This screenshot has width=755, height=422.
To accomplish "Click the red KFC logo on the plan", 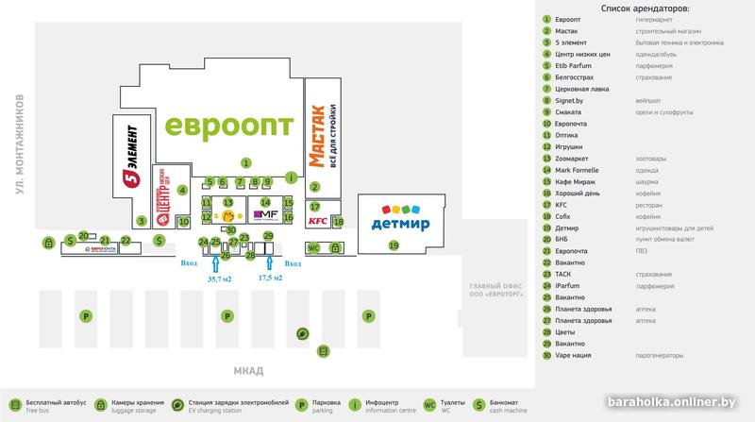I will tap(316, 222).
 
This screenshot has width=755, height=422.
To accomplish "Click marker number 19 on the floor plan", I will tap(394, 245).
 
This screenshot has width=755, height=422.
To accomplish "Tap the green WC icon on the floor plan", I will tap(315, 247).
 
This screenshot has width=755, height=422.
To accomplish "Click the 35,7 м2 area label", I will tap(219, 279).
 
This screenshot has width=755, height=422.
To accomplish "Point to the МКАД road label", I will tap(251, 369).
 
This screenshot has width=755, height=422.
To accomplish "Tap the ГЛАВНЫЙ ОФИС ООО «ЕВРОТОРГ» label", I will tap(502, 290).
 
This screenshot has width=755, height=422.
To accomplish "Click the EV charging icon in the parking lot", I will tap(301, 333).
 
